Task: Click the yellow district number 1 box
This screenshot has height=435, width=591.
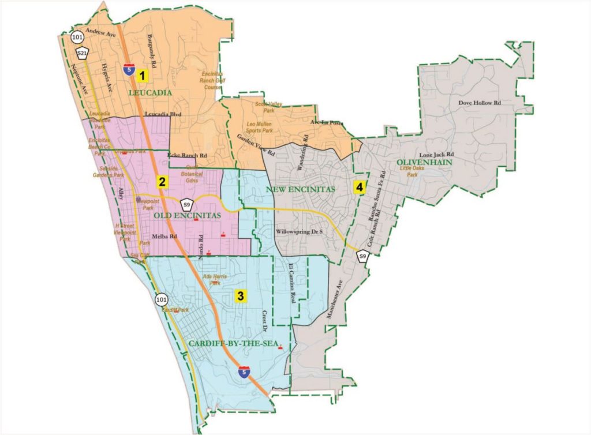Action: [x=141, y=75]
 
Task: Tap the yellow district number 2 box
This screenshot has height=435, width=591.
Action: [x=163, y=182]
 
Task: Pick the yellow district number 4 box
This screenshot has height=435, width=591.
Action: [x=360, y=187]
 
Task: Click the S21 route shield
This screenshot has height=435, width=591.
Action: [x=83, y=54]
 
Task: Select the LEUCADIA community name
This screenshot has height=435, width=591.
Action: [x=149, y=92]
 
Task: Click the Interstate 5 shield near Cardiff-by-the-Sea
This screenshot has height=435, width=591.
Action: [x=245, y=372]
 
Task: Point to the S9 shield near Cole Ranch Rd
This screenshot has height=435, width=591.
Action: [x=362, y=256]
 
